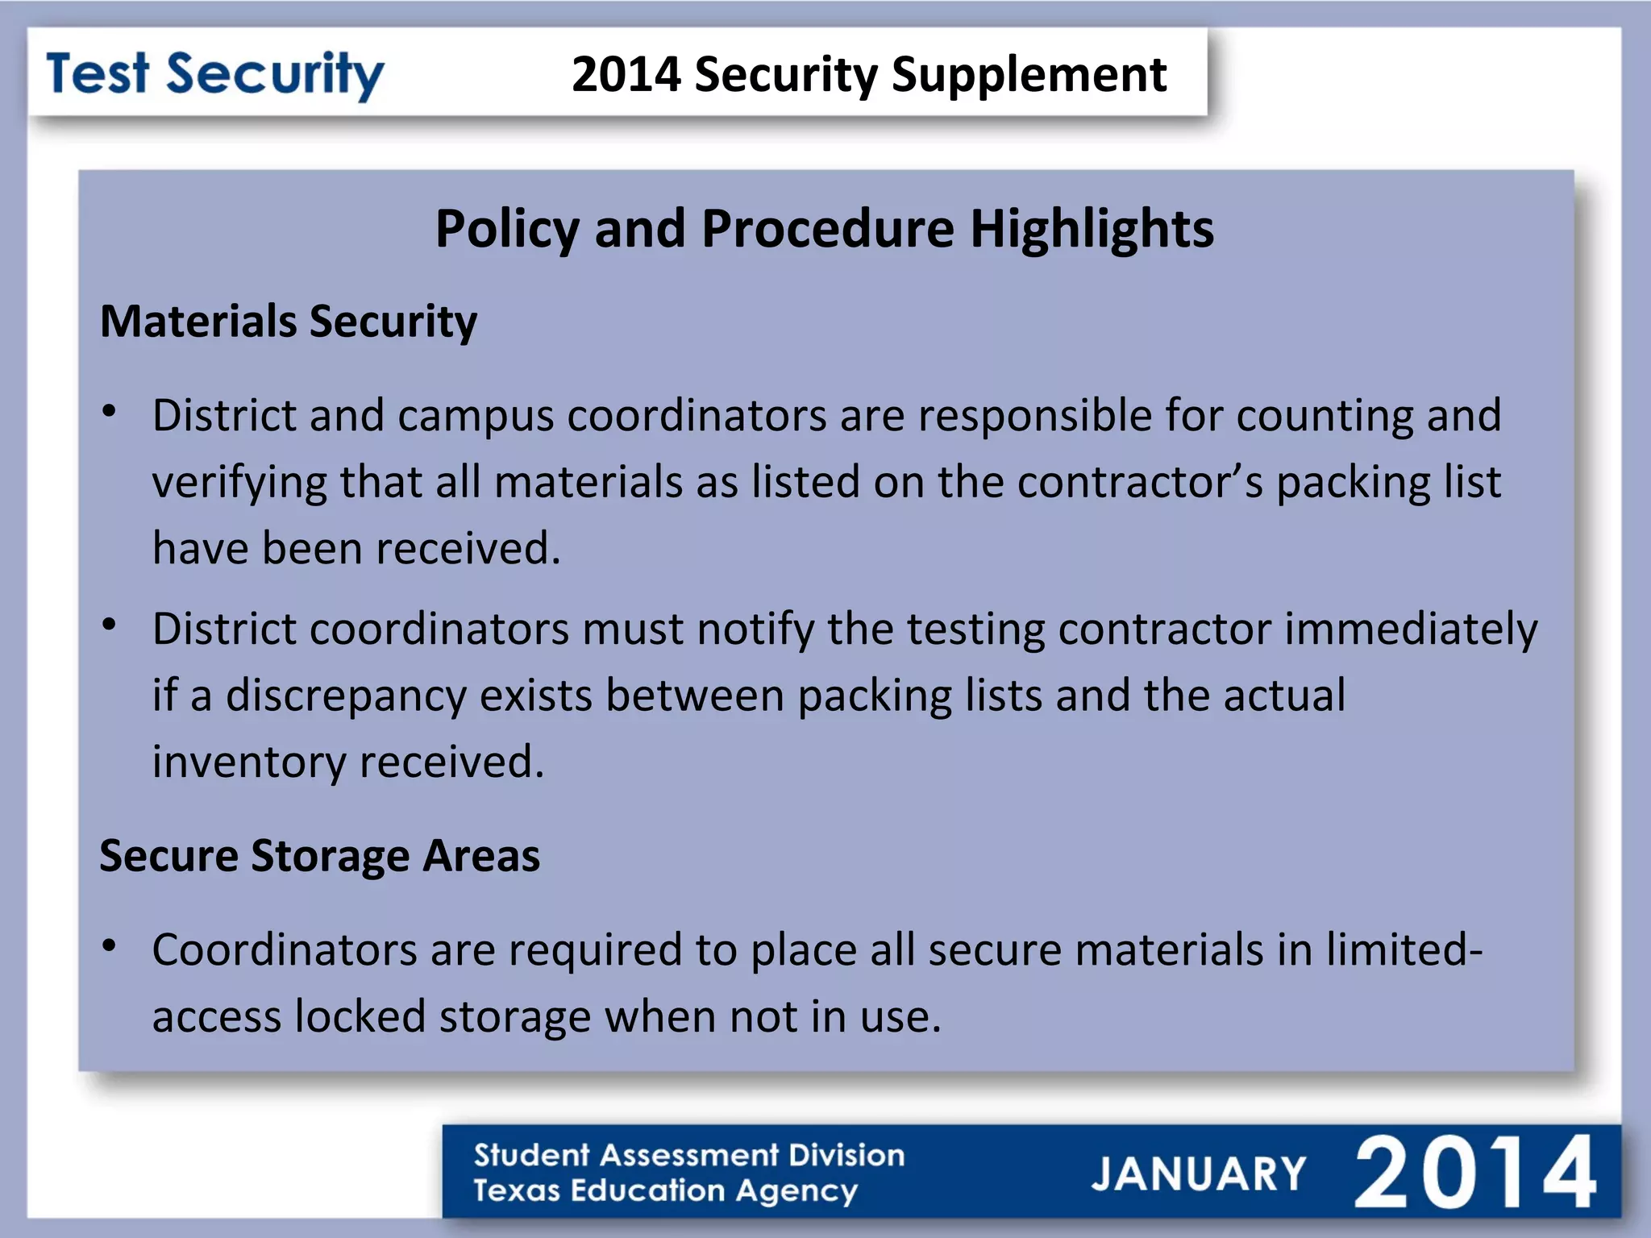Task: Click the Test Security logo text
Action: [215, 75]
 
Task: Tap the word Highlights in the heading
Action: [1092, 229]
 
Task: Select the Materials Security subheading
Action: [289, 322]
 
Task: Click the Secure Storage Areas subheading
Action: [319, 856]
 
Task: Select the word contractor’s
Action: [1140, 483]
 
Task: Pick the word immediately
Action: [1411, 629]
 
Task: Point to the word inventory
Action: [249, 762]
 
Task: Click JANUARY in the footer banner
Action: [1198, 1174]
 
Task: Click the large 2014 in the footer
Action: [1474, 1173]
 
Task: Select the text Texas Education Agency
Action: [665, 1191]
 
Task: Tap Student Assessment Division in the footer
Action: [688, 1155]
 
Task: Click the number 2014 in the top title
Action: [626, 75]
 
